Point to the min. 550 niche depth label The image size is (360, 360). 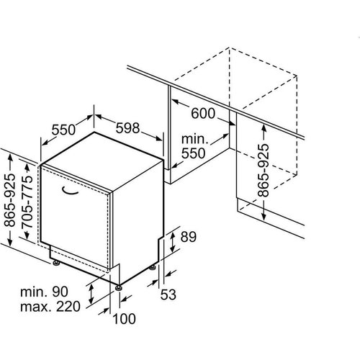(194, 145)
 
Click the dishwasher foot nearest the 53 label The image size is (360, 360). (153, 269)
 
